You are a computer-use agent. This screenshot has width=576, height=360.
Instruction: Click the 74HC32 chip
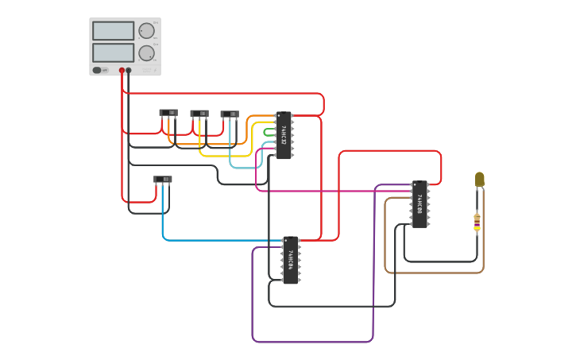point(284,136)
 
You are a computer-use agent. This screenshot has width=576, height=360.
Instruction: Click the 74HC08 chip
point(419,204)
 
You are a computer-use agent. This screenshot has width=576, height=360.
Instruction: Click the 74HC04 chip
point(291,260)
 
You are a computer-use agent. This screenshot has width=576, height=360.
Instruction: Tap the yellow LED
point(480,179)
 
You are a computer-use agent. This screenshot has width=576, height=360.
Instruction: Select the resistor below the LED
point(477,222)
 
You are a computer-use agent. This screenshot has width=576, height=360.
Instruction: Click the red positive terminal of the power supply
point(122,71)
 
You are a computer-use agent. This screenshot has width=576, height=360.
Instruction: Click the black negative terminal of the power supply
point(129,71)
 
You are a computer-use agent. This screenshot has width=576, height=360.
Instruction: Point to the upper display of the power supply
point(113,31)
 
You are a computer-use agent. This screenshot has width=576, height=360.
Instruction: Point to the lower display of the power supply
point(113,52)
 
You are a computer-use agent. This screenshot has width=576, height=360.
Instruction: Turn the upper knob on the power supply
point(146,31)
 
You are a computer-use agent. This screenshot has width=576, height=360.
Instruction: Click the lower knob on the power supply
point(146,53)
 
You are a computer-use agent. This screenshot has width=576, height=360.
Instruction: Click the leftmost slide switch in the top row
point(168,113)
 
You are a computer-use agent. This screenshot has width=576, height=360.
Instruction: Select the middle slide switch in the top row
point(199,113)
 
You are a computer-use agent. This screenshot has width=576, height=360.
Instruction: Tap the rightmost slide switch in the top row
point(230,114)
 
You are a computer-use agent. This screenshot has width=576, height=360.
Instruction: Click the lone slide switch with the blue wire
point(163,180)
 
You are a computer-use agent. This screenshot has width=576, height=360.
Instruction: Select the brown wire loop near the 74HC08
point(386,238)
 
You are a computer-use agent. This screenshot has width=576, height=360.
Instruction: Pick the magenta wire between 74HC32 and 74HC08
point(334,192)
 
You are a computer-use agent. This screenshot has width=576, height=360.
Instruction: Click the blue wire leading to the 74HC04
point(215,240)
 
